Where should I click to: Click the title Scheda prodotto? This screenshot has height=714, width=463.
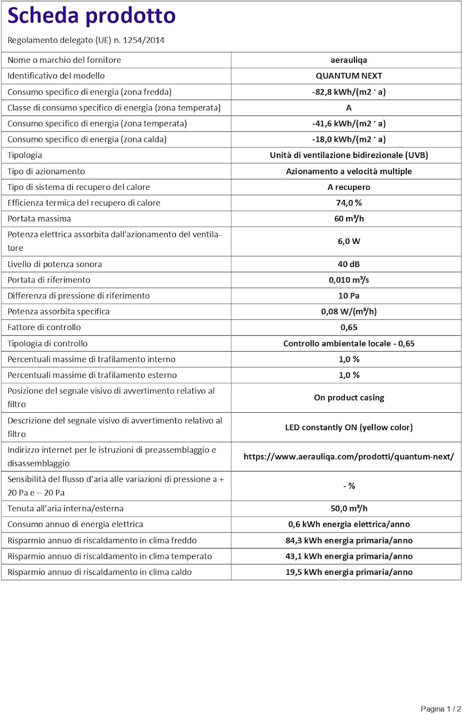point(91,16)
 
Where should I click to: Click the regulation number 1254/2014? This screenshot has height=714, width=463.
point(143,40)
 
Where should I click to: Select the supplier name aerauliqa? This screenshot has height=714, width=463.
point(348,60)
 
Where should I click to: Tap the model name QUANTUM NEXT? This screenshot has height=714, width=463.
point(348,76)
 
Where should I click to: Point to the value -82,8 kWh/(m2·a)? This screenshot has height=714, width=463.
point(348,92)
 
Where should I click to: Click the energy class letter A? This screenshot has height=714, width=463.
point(348,108)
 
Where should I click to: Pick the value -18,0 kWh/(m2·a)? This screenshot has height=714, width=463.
point(348,139)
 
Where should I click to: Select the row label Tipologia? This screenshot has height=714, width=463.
point(25,155)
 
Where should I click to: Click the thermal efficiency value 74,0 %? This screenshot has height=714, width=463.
point(348,203)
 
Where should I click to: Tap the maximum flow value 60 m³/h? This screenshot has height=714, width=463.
point(348,218)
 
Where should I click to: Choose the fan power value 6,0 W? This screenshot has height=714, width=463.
point(348,241)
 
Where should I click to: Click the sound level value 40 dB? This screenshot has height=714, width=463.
point(348,264)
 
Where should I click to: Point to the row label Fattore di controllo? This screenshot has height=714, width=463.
point(44,327)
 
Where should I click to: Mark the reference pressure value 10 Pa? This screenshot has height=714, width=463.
point(348,296)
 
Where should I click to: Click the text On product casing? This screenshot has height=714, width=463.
point(348,397)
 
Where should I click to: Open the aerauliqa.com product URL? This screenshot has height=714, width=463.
point(348,456)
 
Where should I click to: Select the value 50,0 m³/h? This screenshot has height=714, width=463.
point(348,508)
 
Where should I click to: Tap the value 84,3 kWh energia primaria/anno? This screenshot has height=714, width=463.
point(348,540)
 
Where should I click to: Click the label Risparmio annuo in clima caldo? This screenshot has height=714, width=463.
point(99,572)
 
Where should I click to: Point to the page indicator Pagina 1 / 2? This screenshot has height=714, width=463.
point(440,709)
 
